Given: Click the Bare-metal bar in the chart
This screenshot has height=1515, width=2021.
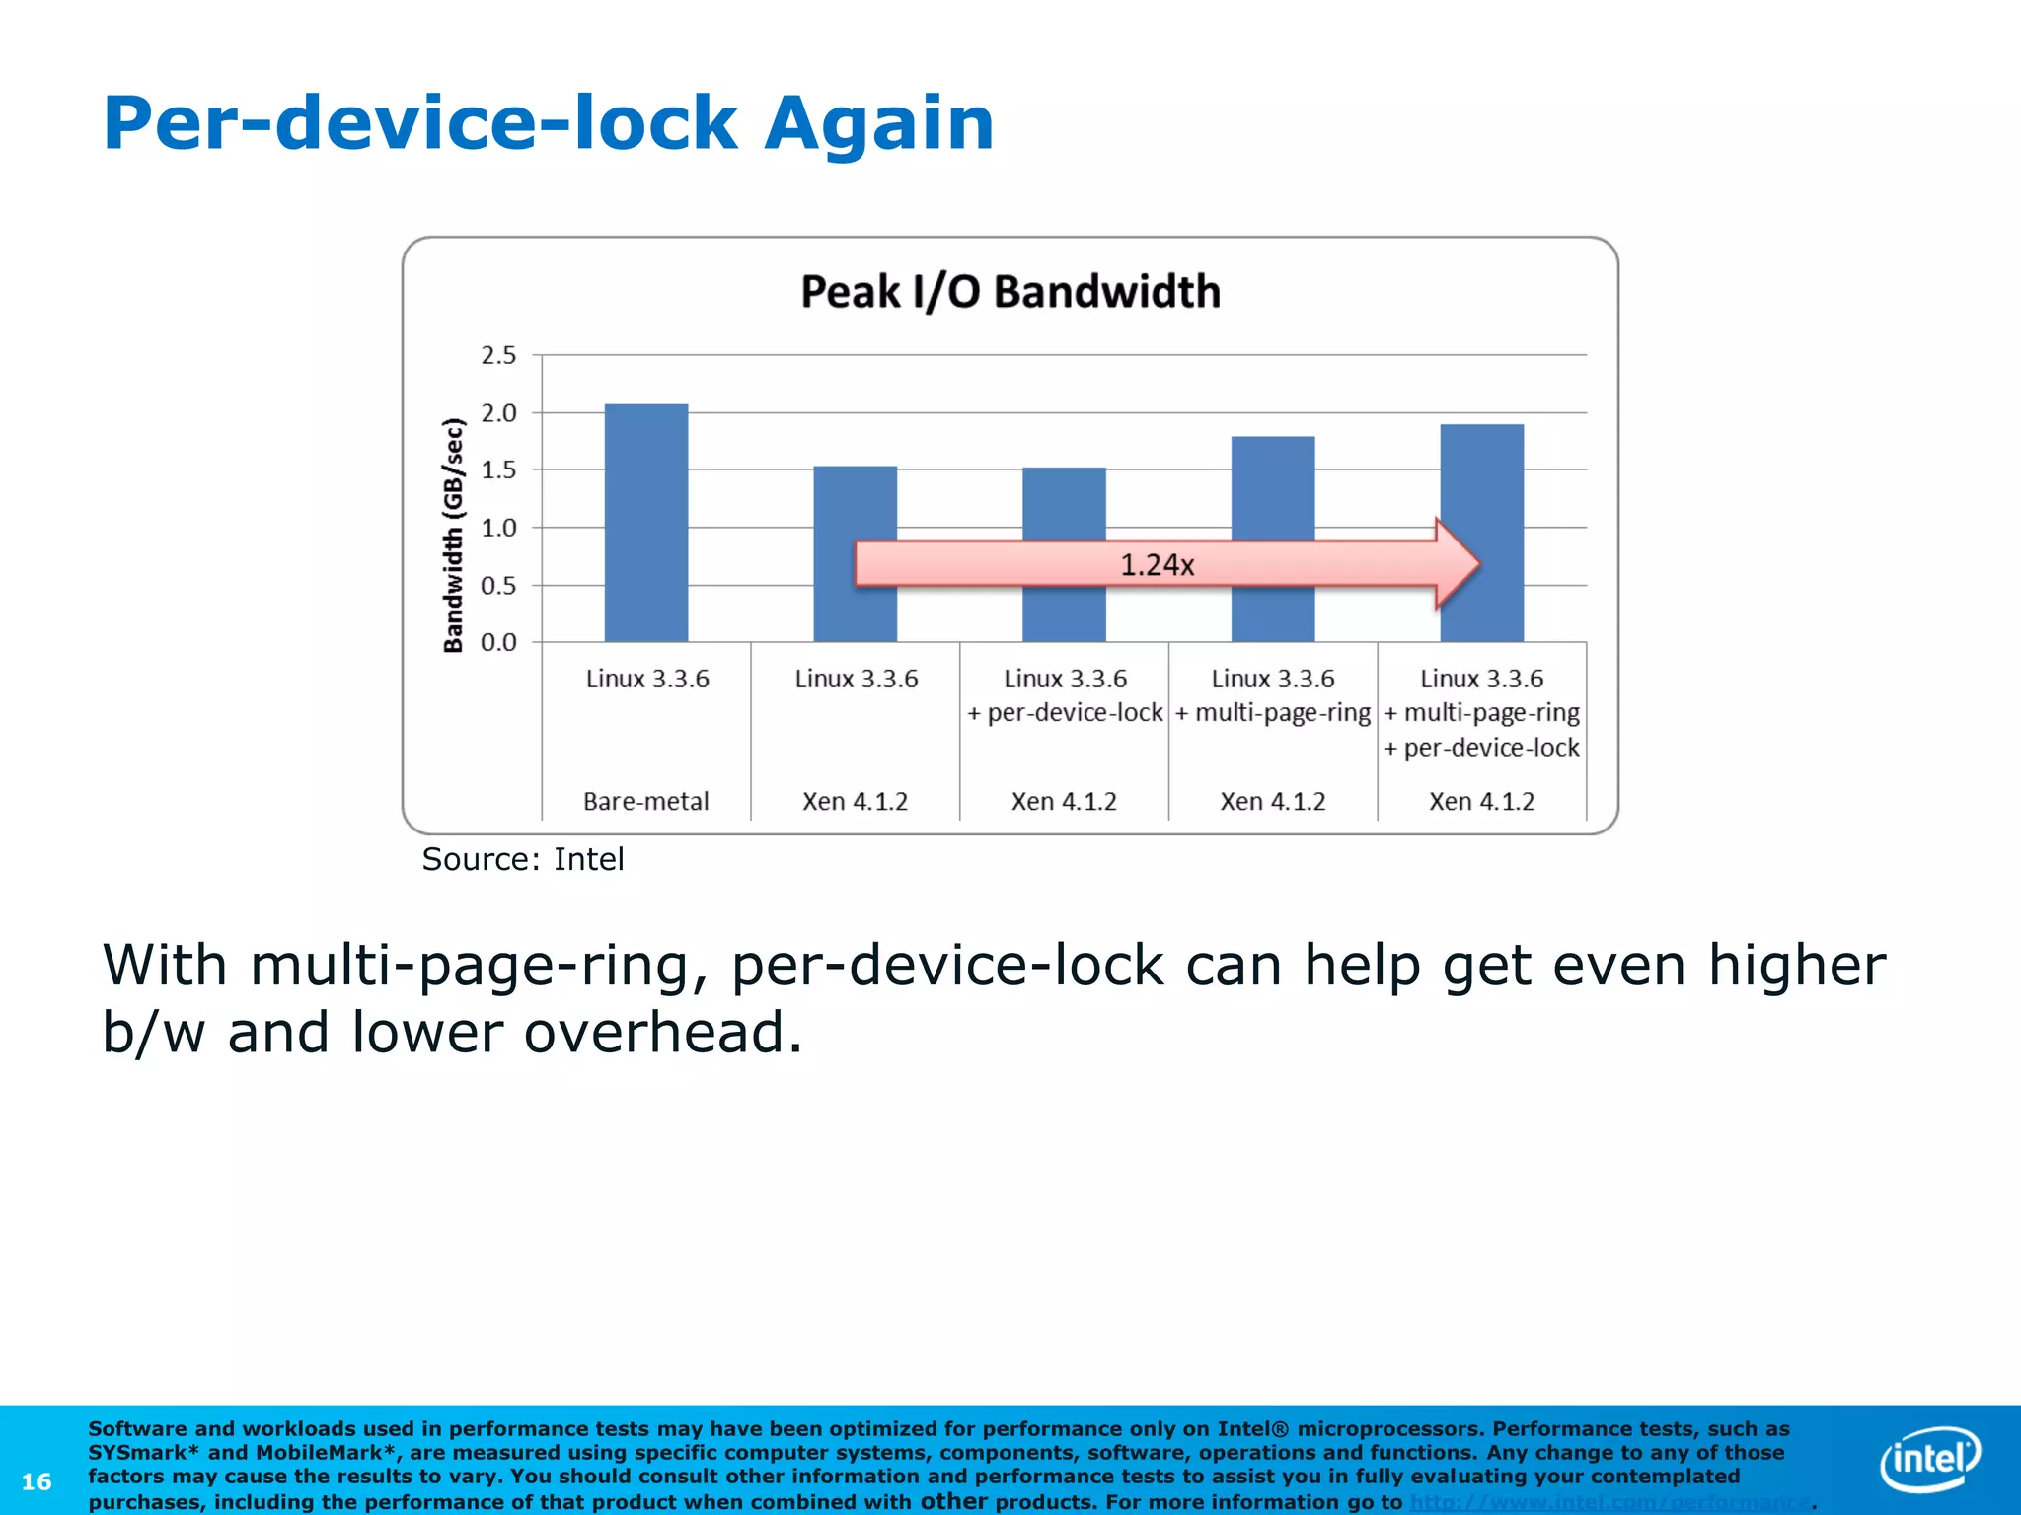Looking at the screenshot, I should (645, 523).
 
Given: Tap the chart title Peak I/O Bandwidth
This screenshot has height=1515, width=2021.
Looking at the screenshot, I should (1010, 292).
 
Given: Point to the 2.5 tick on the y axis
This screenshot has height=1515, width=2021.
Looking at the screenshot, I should (498, 355).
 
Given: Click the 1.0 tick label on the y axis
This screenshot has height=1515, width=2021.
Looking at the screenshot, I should (498, 528).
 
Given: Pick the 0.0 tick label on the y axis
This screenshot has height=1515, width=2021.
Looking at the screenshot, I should (498, 643).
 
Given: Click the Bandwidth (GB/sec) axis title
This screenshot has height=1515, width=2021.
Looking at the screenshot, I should (453, 535).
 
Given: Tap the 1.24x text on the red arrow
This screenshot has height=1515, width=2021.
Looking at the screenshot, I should (1157, 565).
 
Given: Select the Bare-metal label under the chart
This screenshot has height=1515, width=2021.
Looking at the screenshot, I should (645, 801).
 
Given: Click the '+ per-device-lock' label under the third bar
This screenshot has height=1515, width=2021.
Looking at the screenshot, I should (1065, 713).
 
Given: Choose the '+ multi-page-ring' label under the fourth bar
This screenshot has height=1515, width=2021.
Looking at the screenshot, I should (1273, 713).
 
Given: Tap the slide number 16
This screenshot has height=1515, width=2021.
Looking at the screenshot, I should (37, 1481).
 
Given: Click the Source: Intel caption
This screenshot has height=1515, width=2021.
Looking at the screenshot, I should (523, 859).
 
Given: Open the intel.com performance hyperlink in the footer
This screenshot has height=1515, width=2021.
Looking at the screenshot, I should (1610, 1502).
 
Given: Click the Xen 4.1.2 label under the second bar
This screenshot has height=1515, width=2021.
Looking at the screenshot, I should (855, 801).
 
